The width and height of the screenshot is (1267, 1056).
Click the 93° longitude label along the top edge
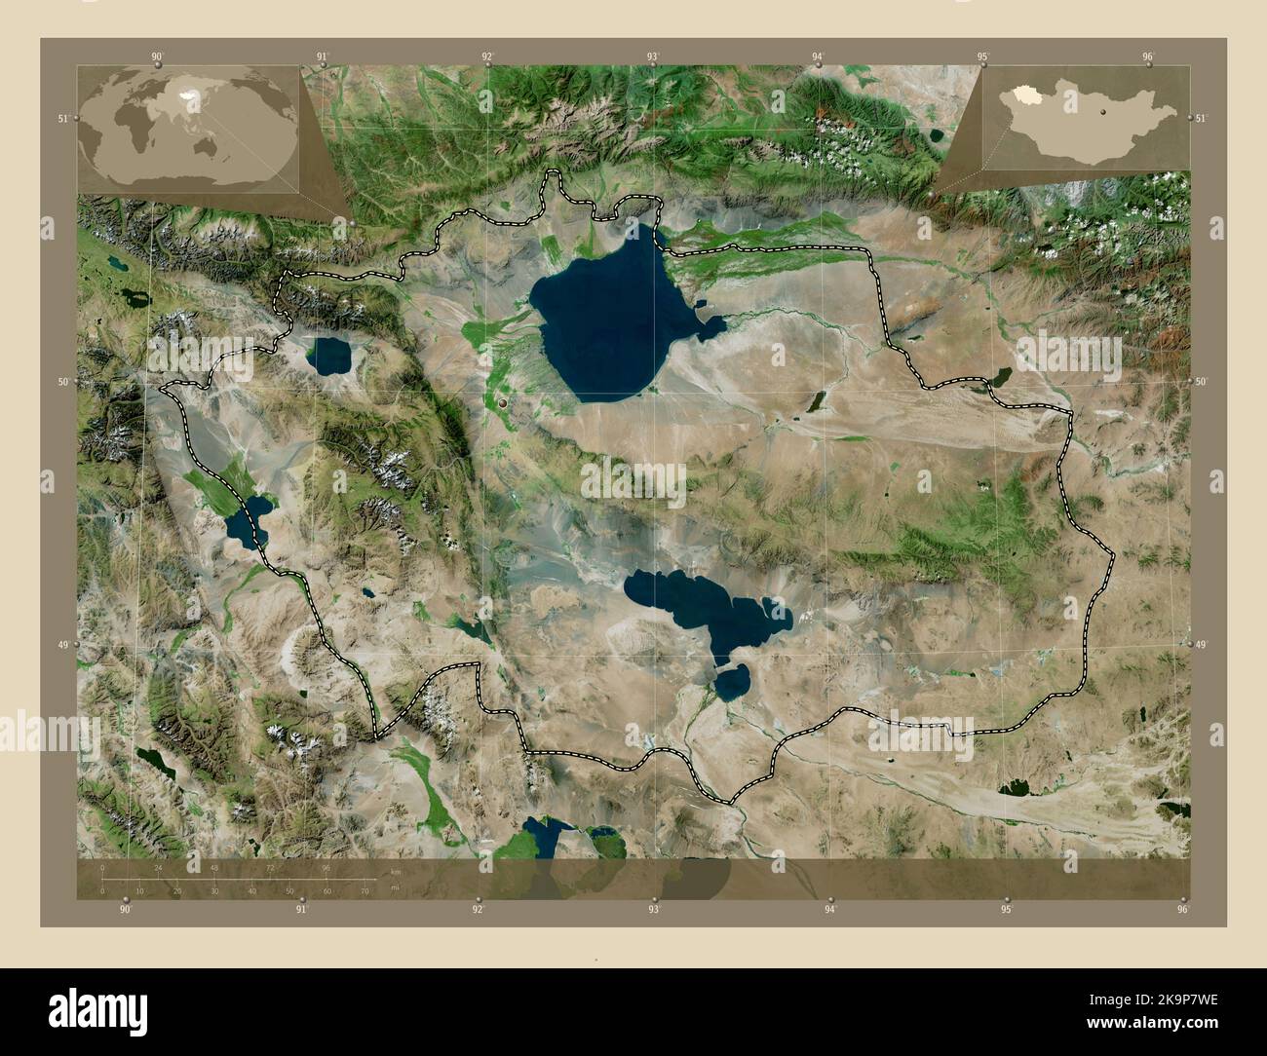click(653, 57)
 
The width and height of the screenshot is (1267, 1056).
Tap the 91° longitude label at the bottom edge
click(302, 910)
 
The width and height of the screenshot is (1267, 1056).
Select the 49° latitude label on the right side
click(1201, 645)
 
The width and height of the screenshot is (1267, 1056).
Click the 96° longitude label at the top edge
click(1149, 57)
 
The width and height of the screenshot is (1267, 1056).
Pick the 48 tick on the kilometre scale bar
click(214, 867)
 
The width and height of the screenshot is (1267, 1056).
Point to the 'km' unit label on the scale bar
click(395, 871)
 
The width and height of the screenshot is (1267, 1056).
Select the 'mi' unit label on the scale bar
click(394, 888)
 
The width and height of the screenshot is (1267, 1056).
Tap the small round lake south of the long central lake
click(731, 681)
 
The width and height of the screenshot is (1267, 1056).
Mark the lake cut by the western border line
click(248, 518)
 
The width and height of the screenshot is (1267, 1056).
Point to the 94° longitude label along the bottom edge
click(829, 910)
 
